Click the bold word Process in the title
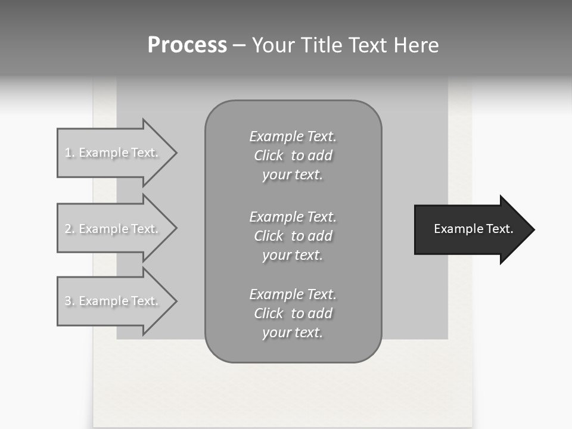point(187,45)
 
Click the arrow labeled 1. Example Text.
point(113,153)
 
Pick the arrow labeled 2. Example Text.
point(113,229)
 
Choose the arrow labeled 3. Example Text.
point(113,301)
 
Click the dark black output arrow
point(471,229)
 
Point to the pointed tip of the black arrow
point(533,229)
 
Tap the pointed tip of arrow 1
point(176,153)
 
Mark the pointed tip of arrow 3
point(176,301)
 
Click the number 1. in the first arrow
point(70,153)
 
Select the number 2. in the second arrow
point(70,229)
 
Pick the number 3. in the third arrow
point(70,301)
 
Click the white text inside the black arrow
point(473,229)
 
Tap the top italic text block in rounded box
point(293,156)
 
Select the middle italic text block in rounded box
point(293,236)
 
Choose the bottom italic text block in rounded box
point(293,313)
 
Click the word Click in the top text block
point(269,156)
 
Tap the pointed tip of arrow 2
point(176,229)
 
